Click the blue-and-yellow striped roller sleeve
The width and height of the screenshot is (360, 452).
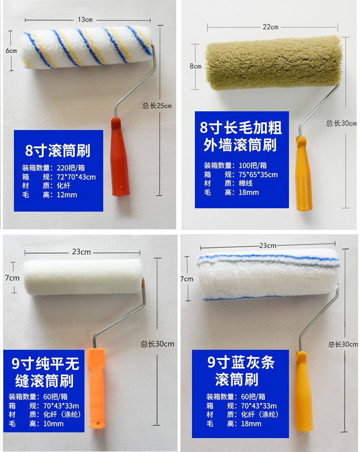click(x=86, y=48)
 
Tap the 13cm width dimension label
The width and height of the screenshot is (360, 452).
click(x=85, y=20)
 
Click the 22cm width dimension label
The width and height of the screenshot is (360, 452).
click(x=270, y=27)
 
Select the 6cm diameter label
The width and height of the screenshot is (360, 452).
click(x=11, y=51)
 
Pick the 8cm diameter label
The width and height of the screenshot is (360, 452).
click(x=195, y=66)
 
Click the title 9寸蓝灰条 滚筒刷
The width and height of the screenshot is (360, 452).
click(x=240, y=370)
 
